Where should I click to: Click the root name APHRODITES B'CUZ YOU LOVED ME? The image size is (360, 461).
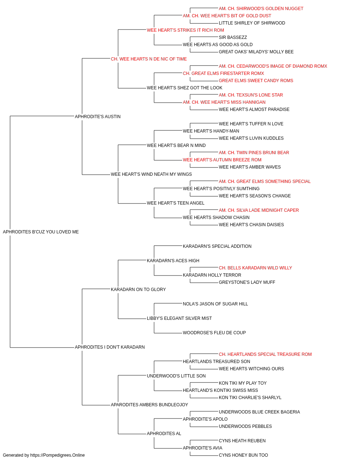coord(41,232)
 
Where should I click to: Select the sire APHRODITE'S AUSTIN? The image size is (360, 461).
coord(98,116)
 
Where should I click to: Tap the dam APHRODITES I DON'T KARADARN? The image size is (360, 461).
coord(109,347)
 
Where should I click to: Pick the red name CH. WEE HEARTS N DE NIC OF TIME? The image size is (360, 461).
coord(149,59)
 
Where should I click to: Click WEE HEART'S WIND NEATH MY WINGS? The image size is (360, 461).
coord(151,174)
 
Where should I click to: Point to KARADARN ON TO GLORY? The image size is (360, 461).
coord(138,289)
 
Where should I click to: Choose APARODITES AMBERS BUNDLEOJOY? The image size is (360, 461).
coord(149,404)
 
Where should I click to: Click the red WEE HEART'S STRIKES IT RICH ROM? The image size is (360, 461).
coord(185,30)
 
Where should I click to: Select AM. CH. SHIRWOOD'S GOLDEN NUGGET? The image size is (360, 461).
coord(261,9)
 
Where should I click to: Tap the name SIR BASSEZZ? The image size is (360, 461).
coord(233,37)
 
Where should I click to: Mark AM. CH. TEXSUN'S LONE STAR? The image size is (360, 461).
coord(251,95)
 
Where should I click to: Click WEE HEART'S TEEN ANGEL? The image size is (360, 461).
coord(176,203)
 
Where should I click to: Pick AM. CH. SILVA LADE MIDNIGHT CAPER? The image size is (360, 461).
coord(258,210)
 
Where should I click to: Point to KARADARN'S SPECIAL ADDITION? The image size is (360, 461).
coord(217,246)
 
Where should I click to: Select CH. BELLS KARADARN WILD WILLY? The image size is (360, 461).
coord(255,268)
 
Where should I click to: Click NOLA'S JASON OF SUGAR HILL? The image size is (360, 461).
coord(215,304)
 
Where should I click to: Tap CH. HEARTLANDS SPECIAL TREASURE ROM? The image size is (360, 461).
coord(265,354)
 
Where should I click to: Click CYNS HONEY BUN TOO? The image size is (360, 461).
coord(243,455)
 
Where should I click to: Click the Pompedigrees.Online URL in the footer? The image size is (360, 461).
coord(57,455)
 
